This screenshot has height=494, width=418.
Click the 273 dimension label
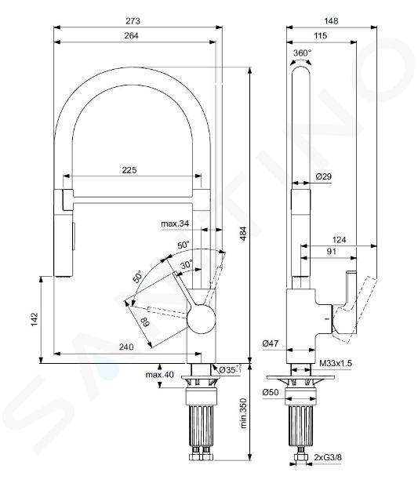[133, 21]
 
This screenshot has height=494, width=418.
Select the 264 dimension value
[131, 35]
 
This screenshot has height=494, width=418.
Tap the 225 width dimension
[129, 170]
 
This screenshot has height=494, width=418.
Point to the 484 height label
[243, 234]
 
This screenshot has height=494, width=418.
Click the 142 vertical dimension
[35, 319]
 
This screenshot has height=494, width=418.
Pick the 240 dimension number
[126, 347]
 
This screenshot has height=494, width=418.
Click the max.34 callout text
[175, 223]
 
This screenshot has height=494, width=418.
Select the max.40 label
[159, 375]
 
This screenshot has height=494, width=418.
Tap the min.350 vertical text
[244, 413]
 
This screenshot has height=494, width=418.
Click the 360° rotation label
[302, 53]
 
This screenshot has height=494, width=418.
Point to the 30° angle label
[187, 265]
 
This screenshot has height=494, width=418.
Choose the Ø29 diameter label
[324, 176]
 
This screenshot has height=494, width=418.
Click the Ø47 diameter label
[271, 343]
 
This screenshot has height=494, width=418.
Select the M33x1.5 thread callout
[336, 363]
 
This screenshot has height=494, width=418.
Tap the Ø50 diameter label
[271, 392]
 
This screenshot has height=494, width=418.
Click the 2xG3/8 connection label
[328, 457]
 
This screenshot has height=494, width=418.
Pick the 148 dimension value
[331, 21]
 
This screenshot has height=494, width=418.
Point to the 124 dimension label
[339, 240]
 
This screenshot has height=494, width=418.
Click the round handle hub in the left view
[202, 318]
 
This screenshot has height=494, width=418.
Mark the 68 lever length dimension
[146, 322]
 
